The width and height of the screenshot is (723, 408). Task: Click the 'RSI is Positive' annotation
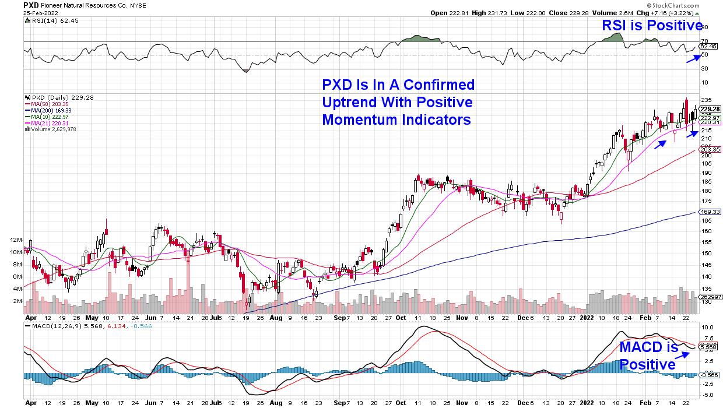652,26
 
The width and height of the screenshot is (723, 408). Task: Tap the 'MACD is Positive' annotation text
649,356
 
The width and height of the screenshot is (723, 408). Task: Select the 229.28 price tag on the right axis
710,109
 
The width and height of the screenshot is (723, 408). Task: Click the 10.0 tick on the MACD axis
707,327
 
